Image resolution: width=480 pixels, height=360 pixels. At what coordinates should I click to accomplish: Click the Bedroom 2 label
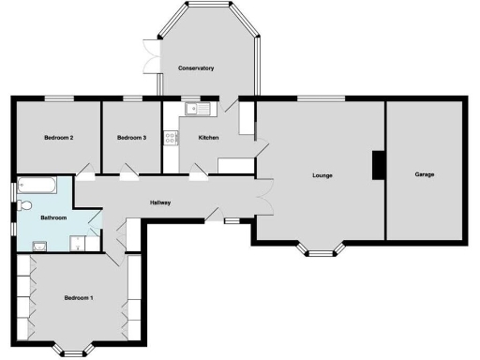pyautogui.click(x=58, y=138)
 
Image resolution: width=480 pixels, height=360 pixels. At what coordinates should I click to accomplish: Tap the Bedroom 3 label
pyautogui.click(x=131, y=138)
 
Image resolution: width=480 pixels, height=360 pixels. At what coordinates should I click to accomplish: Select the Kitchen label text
pyautogui.click(x=207, y=138)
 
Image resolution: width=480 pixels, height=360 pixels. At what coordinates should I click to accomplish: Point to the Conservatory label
pyautogui.click(x=196, y=68)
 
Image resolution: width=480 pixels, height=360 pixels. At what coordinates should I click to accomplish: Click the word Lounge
pyautogui.click(x=322, y=175)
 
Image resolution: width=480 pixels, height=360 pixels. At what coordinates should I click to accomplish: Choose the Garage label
pyautogui.click(x=424, y=175)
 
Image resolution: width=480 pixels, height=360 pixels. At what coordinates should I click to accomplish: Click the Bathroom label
pyautogui.click(x=53, y=217)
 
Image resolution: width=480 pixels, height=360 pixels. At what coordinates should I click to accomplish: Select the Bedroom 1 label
pyautogui.click(x=79, y=298)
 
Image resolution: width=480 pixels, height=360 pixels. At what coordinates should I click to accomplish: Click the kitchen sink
pyautogui.click(x=199, y=110)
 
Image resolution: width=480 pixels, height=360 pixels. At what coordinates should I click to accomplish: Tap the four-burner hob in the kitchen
pyautogui.click(x=171, y=139)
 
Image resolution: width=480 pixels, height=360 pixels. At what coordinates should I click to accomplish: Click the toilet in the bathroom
pyautogui.click(x=25, y=204)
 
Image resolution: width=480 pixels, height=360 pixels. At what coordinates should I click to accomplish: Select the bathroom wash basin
pyautogui.click(x=39, y=246)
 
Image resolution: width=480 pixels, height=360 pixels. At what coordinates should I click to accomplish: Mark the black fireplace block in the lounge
pyautogui.click(x=377, y=165)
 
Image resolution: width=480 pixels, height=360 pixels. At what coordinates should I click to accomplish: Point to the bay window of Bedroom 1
pyautogui.click(x=74, y=350)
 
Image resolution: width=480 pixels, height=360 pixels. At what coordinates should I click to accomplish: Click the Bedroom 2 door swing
pyautogui.click(x=84, y=169)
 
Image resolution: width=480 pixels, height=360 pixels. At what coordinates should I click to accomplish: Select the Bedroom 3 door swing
pyautogui.click(x=129, y=170)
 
